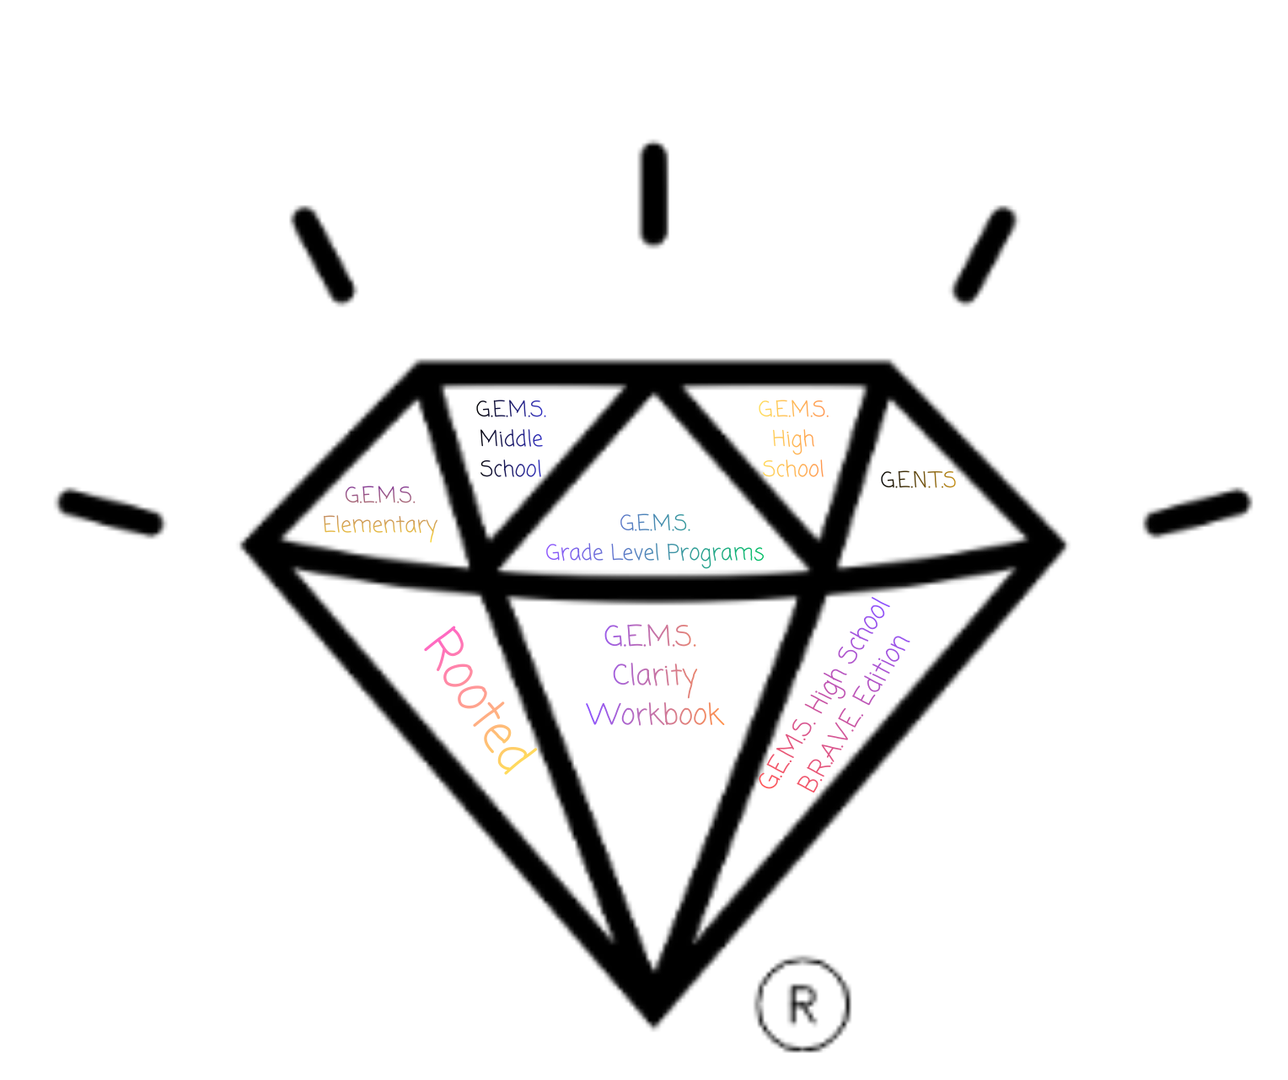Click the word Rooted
click(479, 700)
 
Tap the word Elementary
click(379, 525)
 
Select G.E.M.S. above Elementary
click(379, 495)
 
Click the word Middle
click(512, 439)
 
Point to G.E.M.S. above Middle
click(513, 410)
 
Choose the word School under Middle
click(512, 469)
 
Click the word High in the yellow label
click(793, 440)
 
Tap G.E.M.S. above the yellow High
click(793, 410)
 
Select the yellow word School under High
click(793, 469)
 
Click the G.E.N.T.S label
click(919, 481)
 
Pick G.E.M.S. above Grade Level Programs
click(655, 524)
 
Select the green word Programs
click(716, 553)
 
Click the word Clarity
click(655, 675)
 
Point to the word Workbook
click(655, 715)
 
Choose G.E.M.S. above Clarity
click(650, 637)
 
